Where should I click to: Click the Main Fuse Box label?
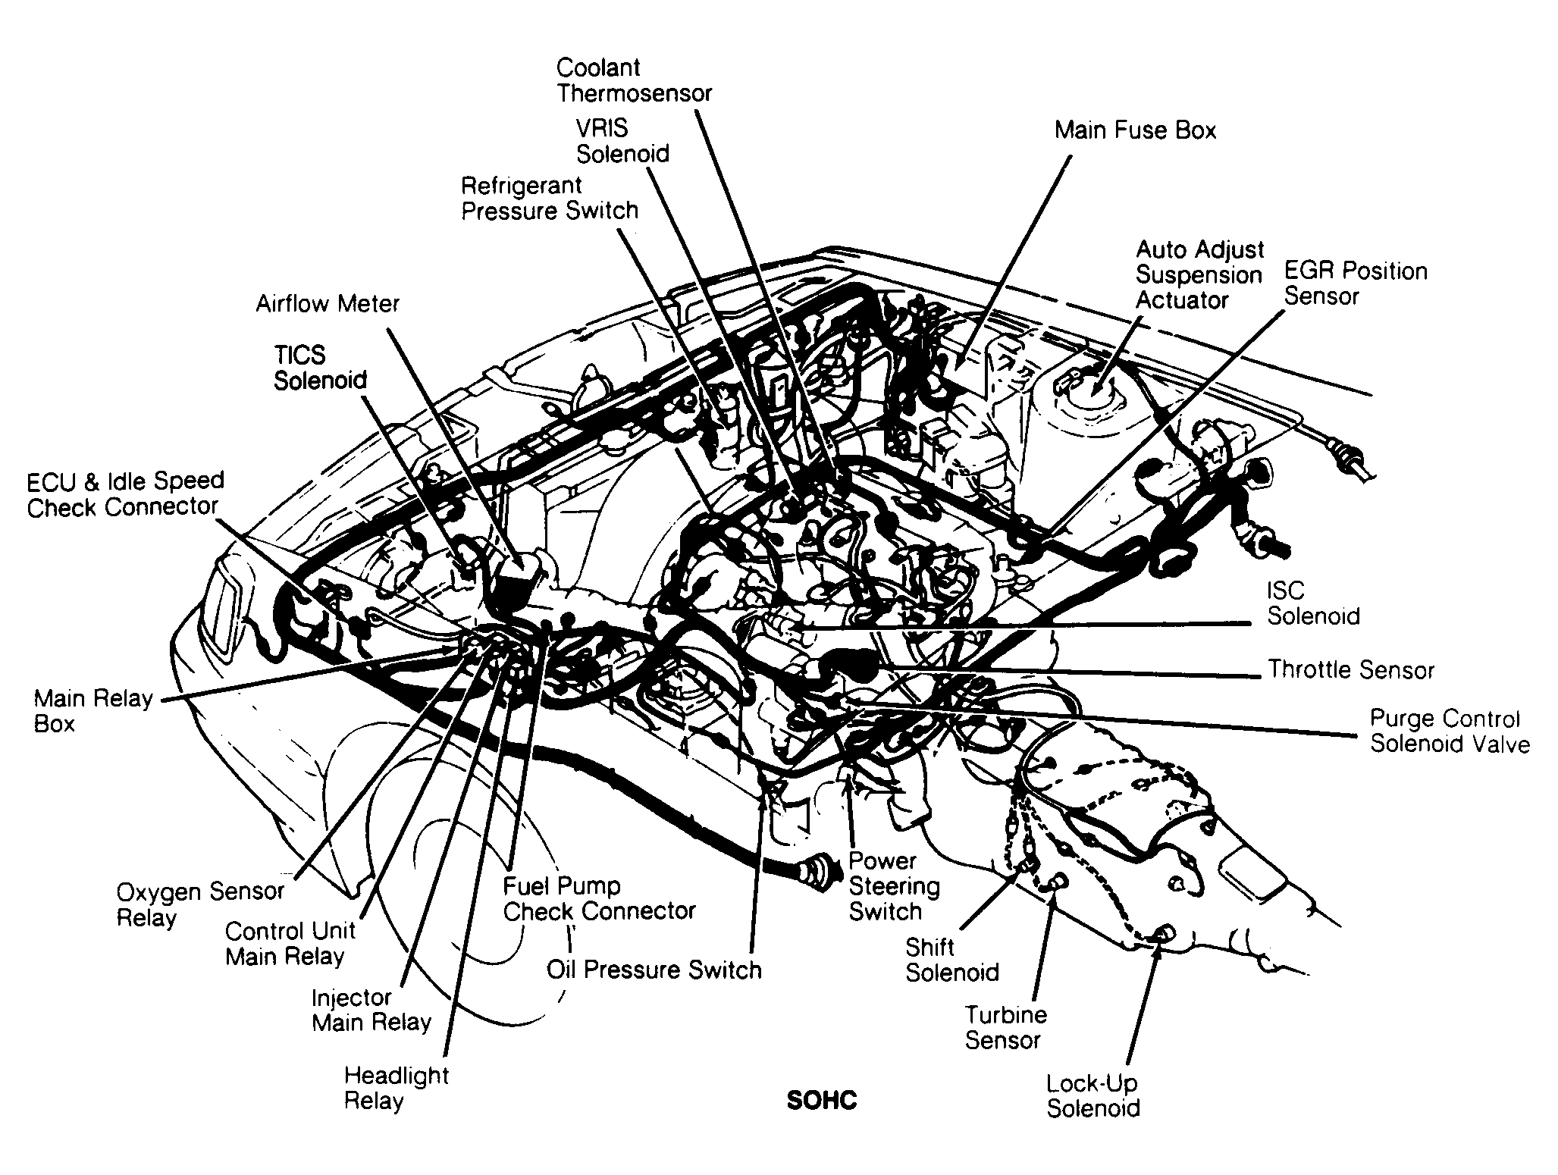click(1134, 130)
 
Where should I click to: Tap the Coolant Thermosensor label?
click(634, 80)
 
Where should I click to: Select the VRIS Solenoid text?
click(622, 141)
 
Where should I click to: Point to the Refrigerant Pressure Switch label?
click(550, 198)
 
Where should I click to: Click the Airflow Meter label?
click(327, 304)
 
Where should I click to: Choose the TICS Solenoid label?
click(320, 368)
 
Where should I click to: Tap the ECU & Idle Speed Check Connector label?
click(125, 493)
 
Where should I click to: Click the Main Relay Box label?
click(92, 710)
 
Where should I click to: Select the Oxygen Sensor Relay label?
click(199, 904)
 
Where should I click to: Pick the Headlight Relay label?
click(396, 1087)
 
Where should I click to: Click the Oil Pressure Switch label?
click(654, 970)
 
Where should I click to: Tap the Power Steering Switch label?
click(893, 885)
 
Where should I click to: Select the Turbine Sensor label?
click(1005, 1027)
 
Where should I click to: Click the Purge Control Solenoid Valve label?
click(1449, 732)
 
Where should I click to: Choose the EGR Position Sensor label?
click(1355, 284)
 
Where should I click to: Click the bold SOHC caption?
click(821, 1100)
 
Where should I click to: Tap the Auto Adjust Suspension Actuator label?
click(1199, 275)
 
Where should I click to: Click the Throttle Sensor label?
click(1351, 669)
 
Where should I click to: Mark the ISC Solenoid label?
click(1313, 603)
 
